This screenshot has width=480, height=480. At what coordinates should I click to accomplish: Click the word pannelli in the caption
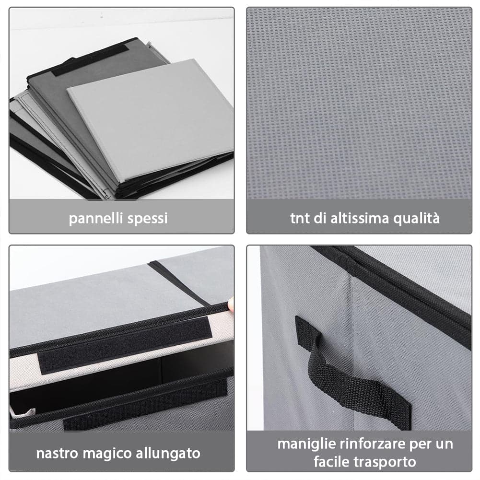tap(96, 219)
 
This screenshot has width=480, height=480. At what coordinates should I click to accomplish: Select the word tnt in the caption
tap(300, 218)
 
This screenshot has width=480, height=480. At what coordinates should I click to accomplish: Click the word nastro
tap(57, 453)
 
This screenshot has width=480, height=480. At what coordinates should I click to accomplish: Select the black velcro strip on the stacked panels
tap(90, 60)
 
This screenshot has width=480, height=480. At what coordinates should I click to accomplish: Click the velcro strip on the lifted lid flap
tap(125, 345)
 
